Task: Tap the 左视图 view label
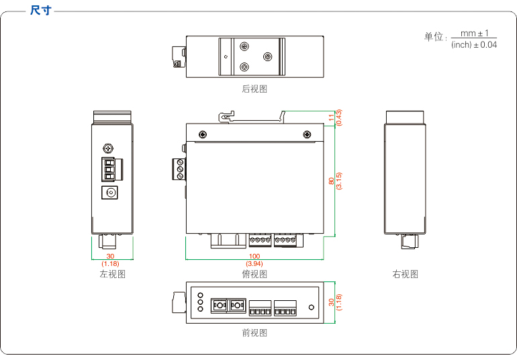click(x=112, y=274)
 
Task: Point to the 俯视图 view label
click(x=254, y=274)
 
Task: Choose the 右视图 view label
click(x=406, y=274)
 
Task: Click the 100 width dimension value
click(x=254, y=257)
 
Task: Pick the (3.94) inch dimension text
click(x=254, y=264)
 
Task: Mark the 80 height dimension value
click(x=331, y=181)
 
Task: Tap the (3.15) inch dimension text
click(x=339, y=181)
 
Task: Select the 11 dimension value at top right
click(x=331, y=118)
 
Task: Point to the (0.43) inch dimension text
click(x=339, y=118)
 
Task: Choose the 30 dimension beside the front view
click(x=331, y=302)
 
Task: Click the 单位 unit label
click(x=434, y=37)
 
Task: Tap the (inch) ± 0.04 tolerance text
click(x=474, y=45)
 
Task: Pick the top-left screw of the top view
click(x=201, y=134)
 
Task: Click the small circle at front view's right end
click(x=311, y=308)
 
